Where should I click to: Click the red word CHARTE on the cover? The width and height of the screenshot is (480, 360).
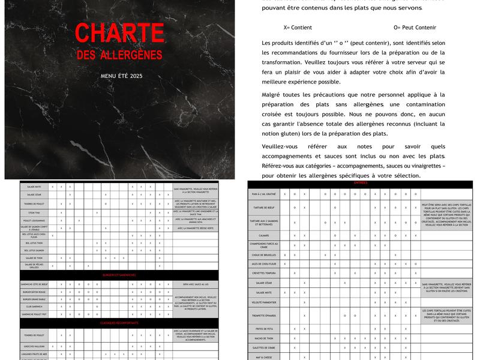click(x=119, y=34)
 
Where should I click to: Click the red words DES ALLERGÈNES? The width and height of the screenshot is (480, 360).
click(x=119, y=55)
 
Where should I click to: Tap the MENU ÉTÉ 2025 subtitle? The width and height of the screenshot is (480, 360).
click(x=122, y=76)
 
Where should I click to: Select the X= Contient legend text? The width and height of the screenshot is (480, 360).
click(x=298, y=28)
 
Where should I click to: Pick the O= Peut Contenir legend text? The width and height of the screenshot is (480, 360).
click(x=415, y=28)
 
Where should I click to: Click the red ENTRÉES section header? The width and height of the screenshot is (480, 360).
click(x=361, y=182)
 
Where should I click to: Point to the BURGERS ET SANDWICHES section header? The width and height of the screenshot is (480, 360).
click(x=118, y=275)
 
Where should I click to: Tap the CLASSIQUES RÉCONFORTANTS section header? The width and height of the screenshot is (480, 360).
click(x=119, y=323)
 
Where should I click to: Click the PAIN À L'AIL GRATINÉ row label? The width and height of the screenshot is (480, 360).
click(x=264, y=194)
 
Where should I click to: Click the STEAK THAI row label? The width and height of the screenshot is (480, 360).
click(x=34, y=212)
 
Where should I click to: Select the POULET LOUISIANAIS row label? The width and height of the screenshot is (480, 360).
click(x=34, y=220)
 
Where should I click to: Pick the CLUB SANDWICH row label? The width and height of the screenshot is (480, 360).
click(x=34, y=307)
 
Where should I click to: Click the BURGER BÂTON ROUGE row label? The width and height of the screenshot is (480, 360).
click(x=34, y=292)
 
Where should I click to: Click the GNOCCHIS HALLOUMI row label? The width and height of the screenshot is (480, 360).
click(x=34, y=346)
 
